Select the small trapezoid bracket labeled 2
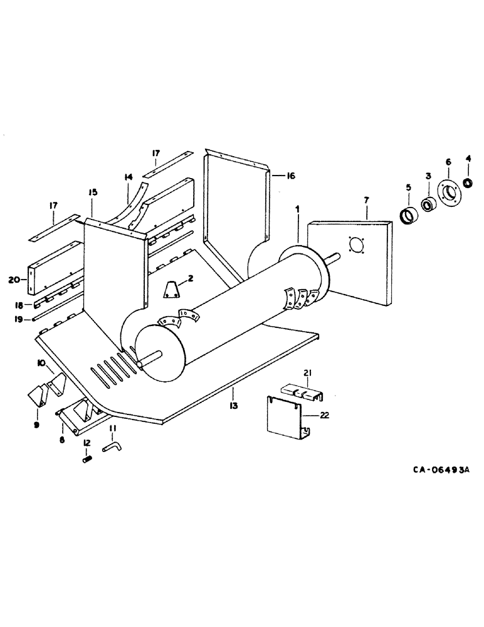pos(171,290)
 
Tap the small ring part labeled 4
pos(468,182)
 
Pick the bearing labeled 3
pos(429,204)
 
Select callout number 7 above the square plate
pos(367,199)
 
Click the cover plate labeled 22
pos(285,417)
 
